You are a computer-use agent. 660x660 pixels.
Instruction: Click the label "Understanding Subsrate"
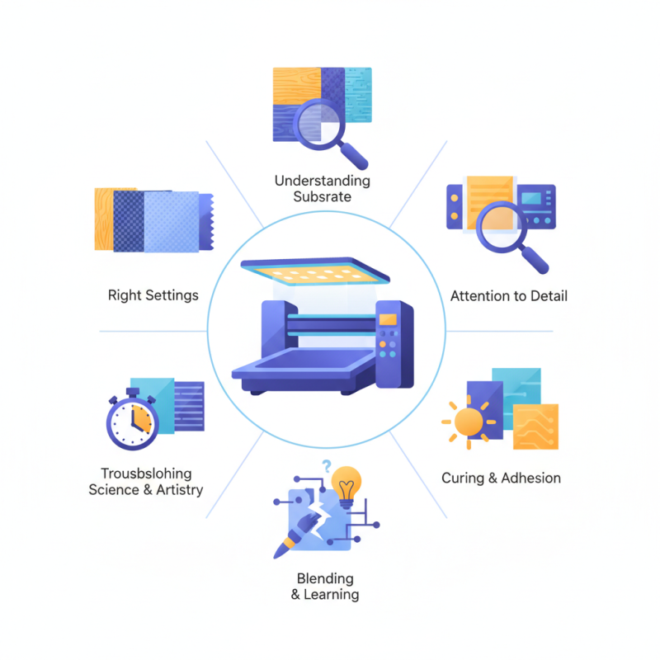[x=322, y=189]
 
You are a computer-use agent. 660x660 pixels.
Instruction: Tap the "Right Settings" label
[x=153, y=295]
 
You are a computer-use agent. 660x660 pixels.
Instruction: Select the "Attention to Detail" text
[x=509, y=295]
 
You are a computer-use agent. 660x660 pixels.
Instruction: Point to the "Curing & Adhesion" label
[x=501, y=478]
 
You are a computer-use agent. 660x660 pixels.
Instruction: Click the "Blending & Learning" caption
[x=325, y=586]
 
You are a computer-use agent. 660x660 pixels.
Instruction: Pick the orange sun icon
[x=468, y=422]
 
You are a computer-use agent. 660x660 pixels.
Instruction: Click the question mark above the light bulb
[x=327, y=464]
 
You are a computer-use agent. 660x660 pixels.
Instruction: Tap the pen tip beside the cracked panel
[x=280, y=548]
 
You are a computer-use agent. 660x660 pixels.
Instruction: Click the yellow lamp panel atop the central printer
[x=304, y=270]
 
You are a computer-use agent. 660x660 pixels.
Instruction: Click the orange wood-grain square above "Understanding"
[x=296, y=85]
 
